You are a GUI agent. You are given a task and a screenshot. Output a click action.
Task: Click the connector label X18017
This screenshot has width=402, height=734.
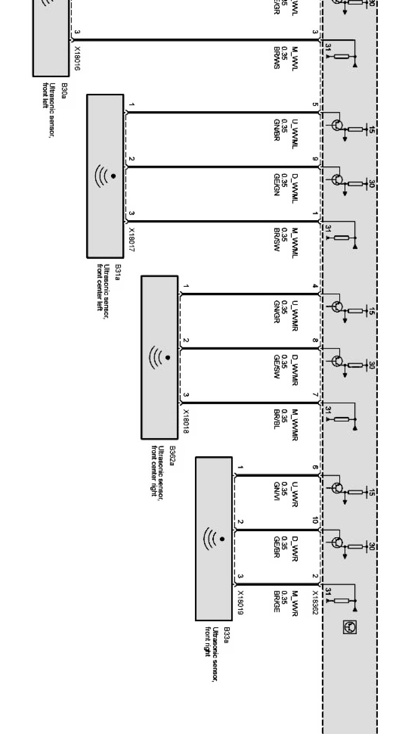132,240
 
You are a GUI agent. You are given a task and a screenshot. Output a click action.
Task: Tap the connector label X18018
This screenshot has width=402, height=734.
186,421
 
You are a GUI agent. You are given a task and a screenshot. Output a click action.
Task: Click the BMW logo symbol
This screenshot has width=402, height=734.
349,627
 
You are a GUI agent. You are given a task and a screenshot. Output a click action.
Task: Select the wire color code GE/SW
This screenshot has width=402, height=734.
277,367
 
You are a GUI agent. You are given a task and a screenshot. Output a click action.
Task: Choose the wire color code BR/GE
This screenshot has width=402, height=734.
277,601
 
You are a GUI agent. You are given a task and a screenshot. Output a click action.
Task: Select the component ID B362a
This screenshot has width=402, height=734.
172,455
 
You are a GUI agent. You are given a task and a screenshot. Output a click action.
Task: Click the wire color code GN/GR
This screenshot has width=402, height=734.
277,312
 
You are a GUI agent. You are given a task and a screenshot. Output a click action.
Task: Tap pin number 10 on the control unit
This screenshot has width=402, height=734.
315,520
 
